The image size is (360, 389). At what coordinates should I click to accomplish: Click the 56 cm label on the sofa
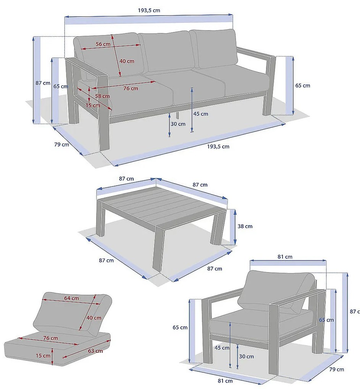[103, 44]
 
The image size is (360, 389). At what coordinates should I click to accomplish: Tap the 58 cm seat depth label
[102, 96]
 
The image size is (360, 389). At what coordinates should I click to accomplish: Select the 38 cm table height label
[245, 226]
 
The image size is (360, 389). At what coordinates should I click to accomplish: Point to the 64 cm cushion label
[71, 298]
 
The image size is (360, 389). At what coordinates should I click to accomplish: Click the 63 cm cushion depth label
[95, 351]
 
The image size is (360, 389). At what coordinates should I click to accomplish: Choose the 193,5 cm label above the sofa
[149, 10]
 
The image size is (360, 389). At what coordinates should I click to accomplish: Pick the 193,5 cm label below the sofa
[218, 146]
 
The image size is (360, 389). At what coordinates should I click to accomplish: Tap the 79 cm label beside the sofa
[61, 145]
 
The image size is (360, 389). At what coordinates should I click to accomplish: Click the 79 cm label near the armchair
[337, 370]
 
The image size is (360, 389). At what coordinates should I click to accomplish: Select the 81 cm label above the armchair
[285, 257]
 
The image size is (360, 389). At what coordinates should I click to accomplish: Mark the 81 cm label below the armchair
[225, 381]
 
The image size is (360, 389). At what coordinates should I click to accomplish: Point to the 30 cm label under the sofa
[178, 124]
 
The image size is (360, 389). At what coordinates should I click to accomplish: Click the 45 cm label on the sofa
[201, 114]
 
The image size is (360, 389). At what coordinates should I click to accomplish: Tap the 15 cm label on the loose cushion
[43, 356]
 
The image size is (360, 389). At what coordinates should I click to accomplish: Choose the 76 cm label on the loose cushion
[51, 338]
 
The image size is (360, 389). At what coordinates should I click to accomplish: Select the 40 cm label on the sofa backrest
[127, 61]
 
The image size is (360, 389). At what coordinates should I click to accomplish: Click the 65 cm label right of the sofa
[303, 85]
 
